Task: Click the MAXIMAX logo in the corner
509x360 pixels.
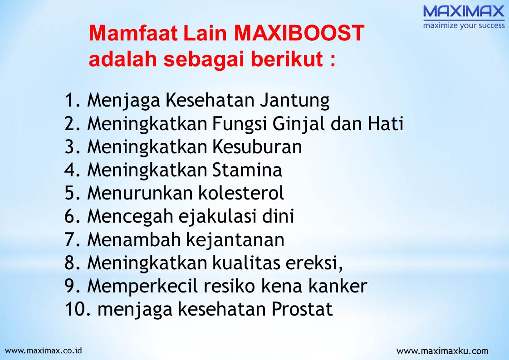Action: point(464,11)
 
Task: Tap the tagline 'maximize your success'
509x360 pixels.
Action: point(464,25)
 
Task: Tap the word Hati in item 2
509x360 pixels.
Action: point(385,124)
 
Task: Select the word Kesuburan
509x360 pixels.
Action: point(256,147)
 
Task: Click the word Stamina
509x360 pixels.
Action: point(247,170)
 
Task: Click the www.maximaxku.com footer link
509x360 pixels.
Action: point(442,351)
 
